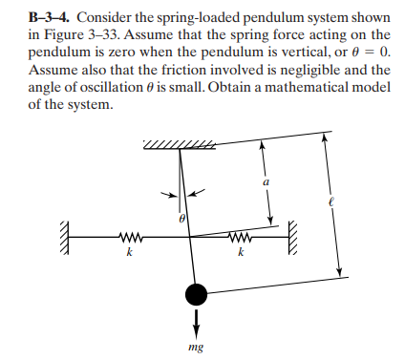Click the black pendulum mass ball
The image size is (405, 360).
pyautogui.click(x=196, y=292)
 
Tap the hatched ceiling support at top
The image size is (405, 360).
pyautogui.click(x=177, y=143)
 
